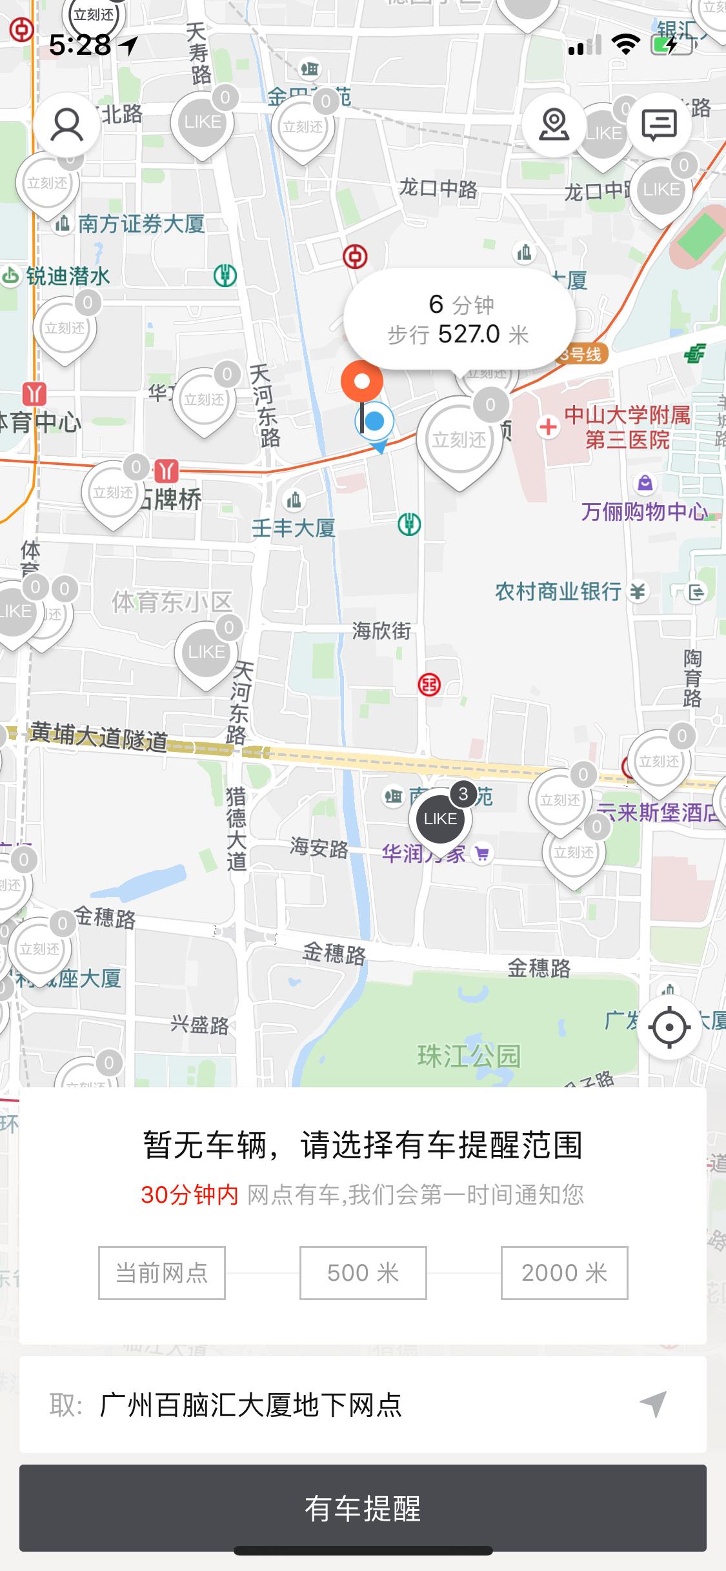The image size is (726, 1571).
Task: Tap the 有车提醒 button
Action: (363, 1508)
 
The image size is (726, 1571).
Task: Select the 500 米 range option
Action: (363, 1272)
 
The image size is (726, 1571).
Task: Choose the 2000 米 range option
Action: (564, 1272)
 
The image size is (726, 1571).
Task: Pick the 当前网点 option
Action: (161, 1272)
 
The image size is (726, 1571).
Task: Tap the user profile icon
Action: (67, 124)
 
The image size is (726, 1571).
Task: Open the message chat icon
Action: (659, 124)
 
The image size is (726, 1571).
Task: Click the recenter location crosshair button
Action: (669, 1026)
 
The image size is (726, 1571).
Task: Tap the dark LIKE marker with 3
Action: (441, 818)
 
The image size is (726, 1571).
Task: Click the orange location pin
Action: (362, 382)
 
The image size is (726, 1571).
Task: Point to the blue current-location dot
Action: (375, 421)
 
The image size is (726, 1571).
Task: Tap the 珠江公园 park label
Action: (469, 1056)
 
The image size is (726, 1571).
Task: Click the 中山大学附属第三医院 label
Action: (627, 427)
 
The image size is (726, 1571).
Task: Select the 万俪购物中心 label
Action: (644, 511)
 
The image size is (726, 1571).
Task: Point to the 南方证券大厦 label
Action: (141, 224)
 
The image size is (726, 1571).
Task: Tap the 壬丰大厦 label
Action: (294, 528)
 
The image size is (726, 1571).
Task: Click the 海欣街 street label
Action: (381, 630)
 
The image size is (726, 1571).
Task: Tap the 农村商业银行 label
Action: (558, 591)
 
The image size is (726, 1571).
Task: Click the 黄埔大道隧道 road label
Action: (98, 736)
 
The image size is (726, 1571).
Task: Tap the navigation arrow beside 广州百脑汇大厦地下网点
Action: (653, 1404)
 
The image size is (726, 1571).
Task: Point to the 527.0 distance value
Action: (469, 334)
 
